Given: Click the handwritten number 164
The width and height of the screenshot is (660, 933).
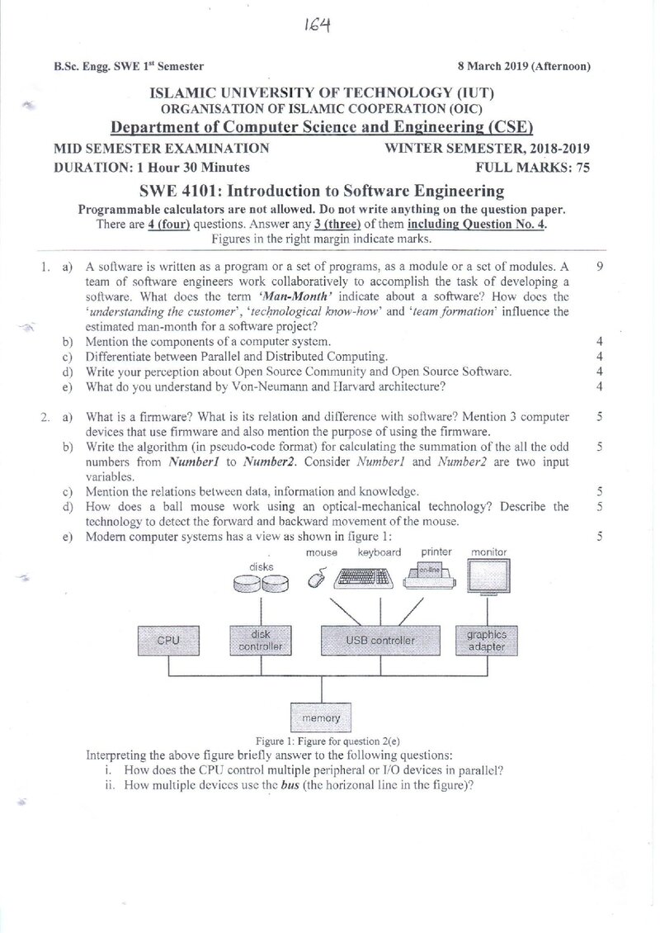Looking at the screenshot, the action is tap(317, 26).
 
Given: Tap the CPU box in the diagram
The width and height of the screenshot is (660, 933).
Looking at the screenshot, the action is tap(168, 640).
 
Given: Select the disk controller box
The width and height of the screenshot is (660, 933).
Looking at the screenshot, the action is tap(261, 640).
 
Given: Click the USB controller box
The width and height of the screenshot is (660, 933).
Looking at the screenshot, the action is tap(380, 640).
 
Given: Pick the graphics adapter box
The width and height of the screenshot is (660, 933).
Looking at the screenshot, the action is tap(487, 640).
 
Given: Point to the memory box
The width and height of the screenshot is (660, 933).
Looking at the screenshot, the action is tap(321, 718).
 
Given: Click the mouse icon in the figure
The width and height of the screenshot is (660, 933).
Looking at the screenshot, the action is tap(318, 577).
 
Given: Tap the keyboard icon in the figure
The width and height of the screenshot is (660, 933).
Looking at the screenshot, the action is tap(364, 578).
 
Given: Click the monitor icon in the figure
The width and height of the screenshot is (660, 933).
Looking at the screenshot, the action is tap(488, 576).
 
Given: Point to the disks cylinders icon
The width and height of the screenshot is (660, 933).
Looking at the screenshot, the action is tap(261, 584).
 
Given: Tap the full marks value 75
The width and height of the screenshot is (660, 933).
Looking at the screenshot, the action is tap(583, 168).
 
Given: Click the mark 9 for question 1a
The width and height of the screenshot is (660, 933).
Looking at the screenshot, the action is tap(599, 267).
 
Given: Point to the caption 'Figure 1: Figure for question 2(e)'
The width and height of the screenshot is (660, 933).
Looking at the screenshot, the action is tap(328, 741).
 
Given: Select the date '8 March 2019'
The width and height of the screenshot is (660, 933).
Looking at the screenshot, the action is tap(488, 66).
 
